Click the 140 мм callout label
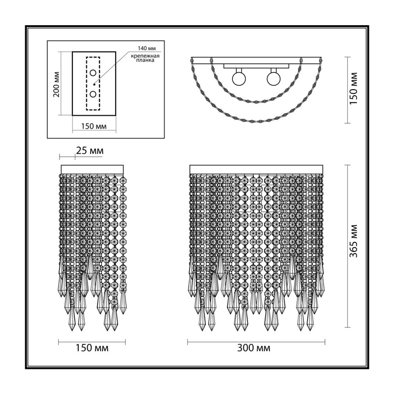point(147,48)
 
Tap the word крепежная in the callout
point(145,56)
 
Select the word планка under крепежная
point(145,60)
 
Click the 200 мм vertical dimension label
point(57,84)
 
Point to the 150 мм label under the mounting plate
point(94,126)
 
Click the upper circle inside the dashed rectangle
point(93,73)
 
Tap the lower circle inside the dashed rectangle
point(93,94)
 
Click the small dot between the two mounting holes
point(94,84)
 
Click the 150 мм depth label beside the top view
point(354,89)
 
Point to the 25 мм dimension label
point(90,151)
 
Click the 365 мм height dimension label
point(354,241)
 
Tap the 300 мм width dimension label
point(254,348)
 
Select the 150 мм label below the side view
point(92,348)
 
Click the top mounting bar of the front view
point(256,169)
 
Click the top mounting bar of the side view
point(92,169)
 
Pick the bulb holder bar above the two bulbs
point(256,66)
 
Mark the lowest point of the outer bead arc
point(256,122)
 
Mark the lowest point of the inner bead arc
point(256,102)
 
